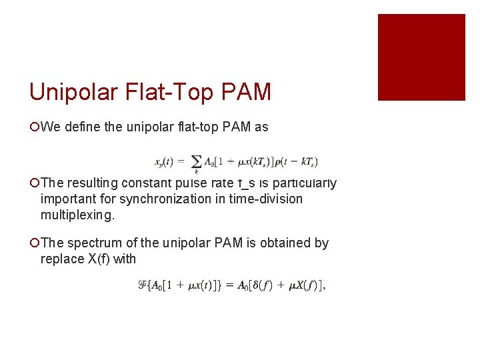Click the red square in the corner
point(421,57)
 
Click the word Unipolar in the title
point(74,91)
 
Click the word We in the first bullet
point(50,127)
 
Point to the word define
point(83,127)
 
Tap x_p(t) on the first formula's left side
point(165,161)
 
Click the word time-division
point(265,199)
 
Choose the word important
point(67,199)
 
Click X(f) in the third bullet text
point(102,259)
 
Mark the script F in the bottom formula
point(142,285)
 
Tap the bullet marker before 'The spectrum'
point(34,243)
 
